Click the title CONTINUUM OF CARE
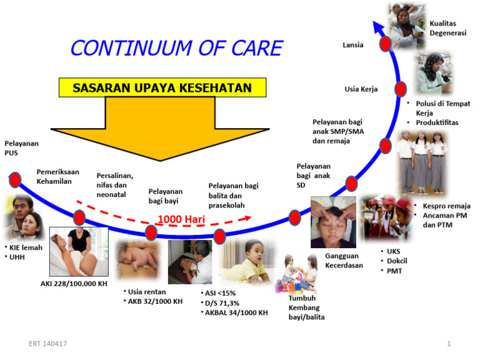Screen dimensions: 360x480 click(x=176, y=48)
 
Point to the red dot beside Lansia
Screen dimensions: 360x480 click(x=385, y=44)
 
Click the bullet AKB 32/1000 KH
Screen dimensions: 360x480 click(x=155, y=301)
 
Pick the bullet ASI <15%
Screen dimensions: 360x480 click(x=219, y=292)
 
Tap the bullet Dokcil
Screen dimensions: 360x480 click(x=396, y=261)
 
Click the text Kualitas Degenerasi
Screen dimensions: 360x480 click(x=448, y=28)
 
